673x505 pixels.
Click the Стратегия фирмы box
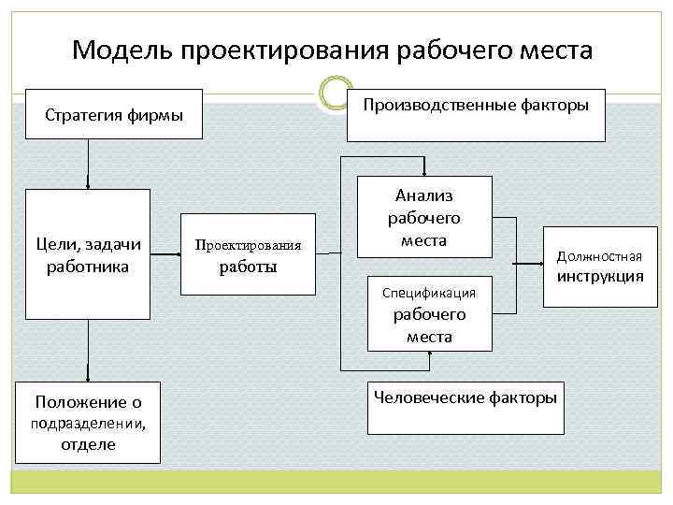(x=114, y=115)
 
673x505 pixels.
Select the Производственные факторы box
(x=476, y=115)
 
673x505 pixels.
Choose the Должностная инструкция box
(x=600, y=267)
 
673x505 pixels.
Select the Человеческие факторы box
(x=465, y=408)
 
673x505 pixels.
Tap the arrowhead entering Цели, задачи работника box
(x=89, y=184)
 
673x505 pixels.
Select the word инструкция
(x=600, y=276)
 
